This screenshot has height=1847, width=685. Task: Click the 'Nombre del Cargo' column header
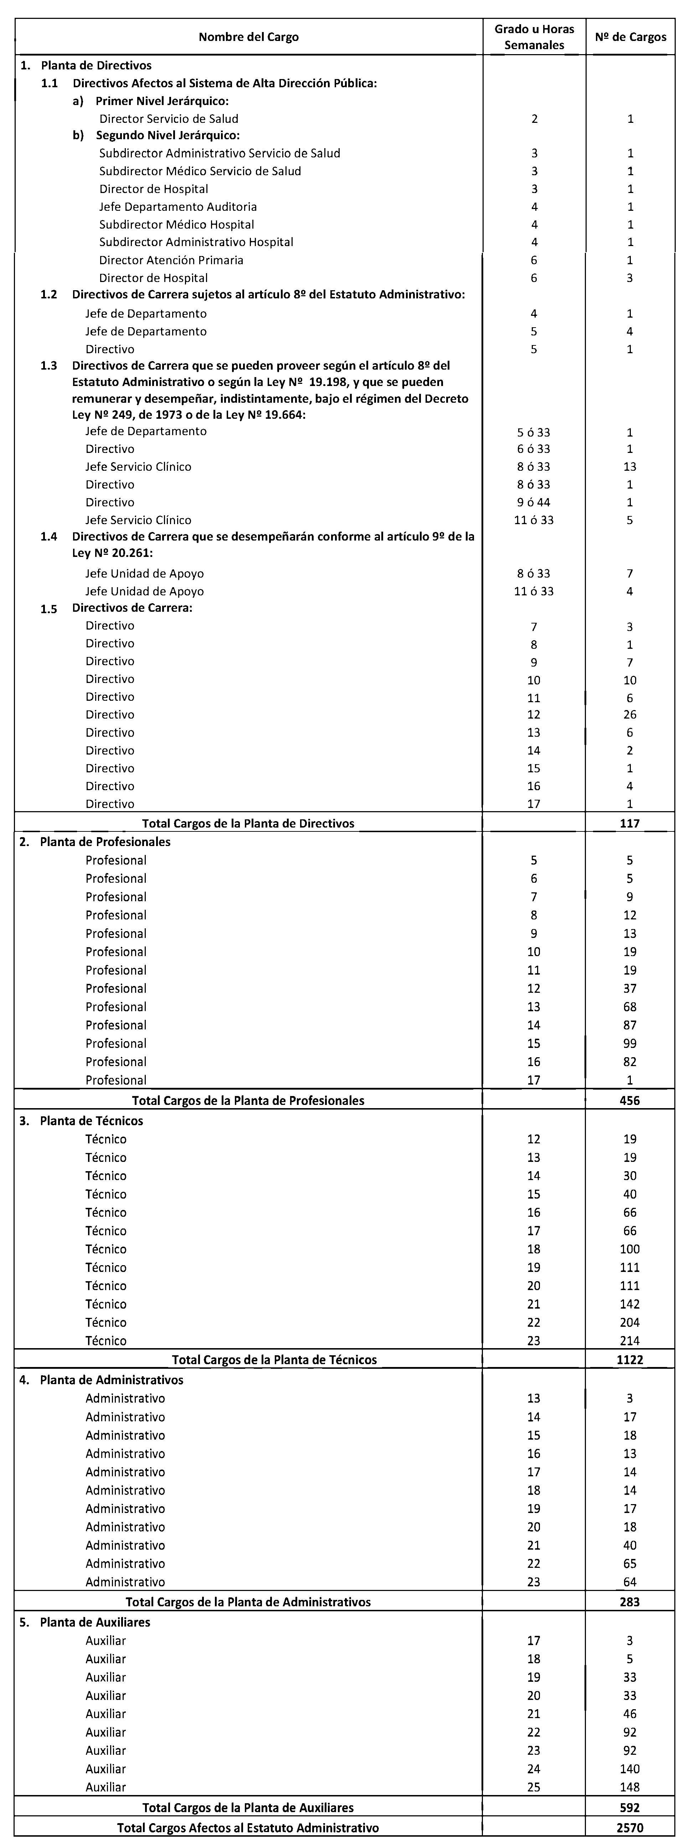(x=248, y=37)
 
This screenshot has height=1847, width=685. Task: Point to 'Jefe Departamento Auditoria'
(x=178, y=207)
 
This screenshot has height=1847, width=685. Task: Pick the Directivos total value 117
(x=630, y=823)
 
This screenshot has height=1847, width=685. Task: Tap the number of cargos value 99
(x=630, y=1043)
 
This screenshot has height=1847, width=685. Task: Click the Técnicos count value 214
(x=630, y=1341)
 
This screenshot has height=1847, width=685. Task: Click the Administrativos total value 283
(x=630, y=1602)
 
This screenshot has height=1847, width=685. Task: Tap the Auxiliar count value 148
(x=630, y=1788)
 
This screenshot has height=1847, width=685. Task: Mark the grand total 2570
(x=630, y=1828)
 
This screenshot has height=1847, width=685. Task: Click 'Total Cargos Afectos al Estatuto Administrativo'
(x=248, y=1828)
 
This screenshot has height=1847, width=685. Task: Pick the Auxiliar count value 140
(x=630, y=1769)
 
